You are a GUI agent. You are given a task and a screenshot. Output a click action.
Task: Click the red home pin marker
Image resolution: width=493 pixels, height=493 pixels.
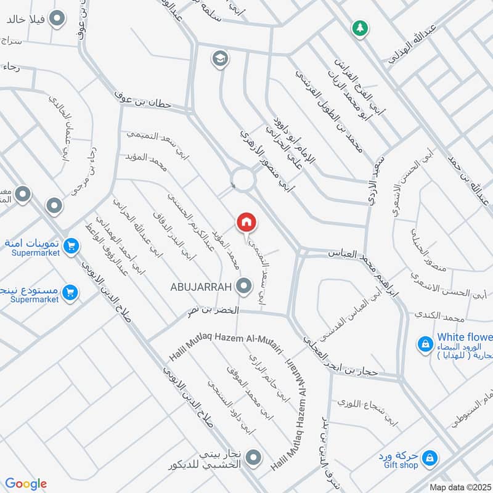246,222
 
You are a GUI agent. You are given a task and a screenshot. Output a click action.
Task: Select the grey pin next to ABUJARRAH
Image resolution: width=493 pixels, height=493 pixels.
245,286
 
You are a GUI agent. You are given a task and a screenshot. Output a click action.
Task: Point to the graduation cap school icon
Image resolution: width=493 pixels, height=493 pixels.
219,59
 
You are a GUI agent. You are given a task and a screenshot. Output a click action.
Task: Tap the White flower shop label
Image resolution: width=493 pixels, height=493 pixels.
465,337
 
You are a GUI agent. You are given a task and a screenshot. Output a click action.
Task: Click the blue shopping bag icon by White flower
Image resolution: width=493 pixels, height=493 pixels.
425,344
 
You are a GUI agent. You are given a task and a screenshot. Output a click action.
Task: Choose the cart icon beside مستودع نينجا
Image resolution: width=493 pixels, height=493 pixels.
70,292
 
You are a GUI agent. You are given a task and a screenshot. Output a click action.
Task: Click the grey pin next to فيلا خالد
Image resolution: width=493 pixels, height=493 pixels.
57,19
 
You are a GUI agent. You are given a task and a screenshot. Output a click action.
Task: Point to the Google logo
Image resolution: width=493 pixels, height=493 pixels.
26,484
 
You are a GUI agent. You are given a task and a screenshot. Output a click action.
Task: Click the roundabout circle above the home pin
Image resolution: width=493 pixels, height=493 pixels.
243,179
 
